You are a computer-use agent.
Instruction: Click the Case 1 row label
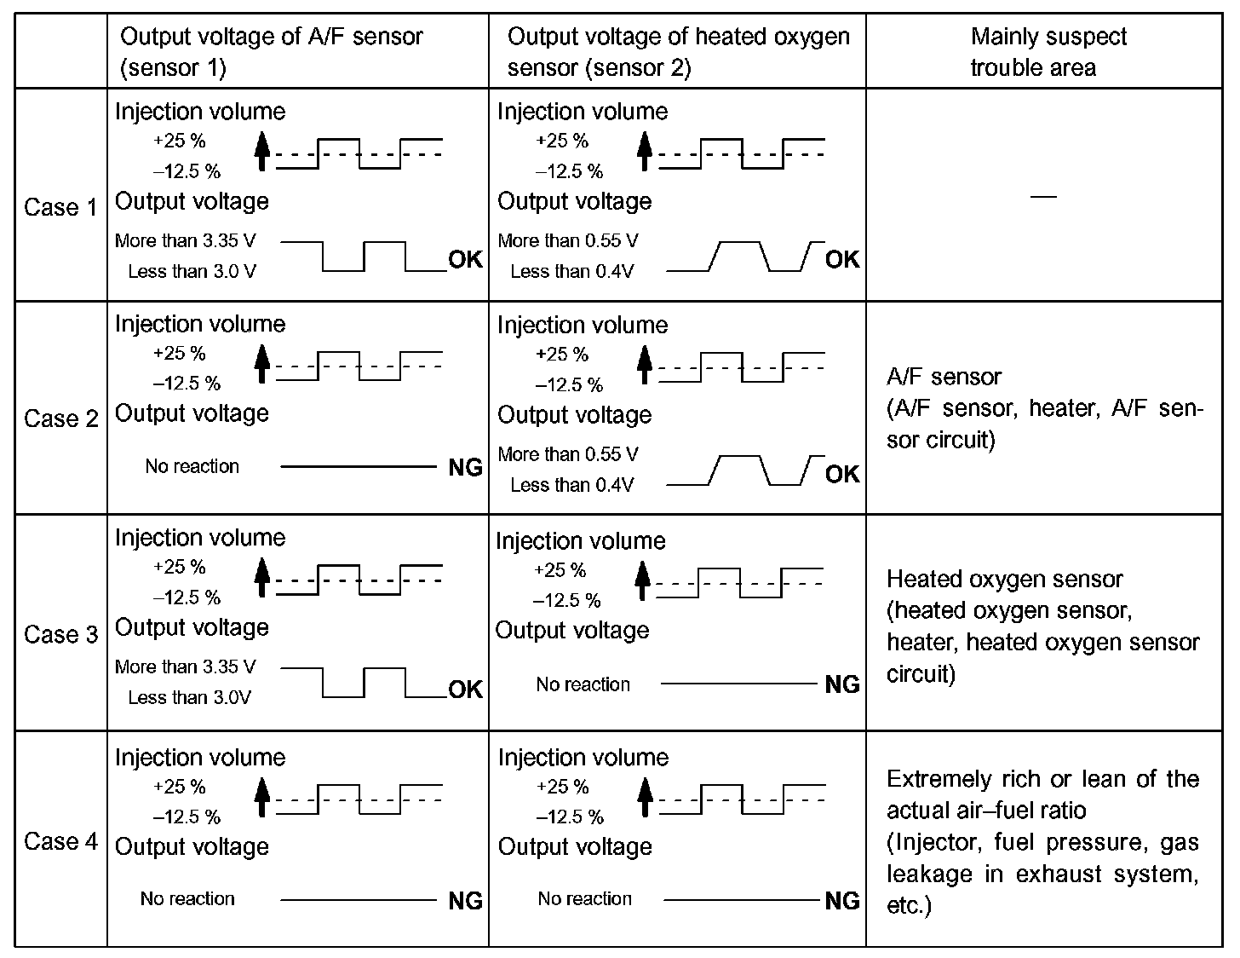click(x=60, y=207)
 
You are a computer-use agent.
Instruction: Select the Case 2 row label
click(x=60, y=418)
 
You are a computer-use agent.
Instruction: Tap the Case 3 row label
click(x=60, y=634)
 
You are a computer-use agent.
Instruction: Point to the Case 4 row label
click(x=60, y=841)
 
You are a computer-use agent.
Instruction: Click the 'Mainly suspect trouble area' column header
click(x=1048, y=52)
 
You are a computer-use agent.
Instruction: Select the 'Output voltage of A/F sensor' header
click(x=271, y=52)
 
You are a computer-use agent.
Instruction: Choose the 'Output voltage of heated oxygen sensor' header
click(x=678, y=52)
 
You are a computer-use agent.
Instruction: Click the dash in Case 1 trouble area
click(x=1043, y=197)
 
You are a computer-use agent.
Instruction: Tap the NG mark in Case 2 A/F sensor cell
click(x=465, y=467)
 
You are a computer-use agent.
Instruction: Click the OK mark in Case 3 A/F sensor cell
click(x=465, y=689)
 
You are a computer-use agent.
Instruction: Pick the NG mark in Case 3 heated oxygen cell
click(x=842, y=684)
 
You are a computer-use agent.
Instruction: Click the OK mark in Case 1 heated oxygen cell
click(x=842, y=259)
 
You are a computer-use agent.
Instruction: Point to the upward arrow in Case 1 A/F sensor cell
click(x=262, y=150)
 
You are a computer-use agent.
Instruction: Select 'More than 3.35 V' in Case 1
click(x=185, y=240)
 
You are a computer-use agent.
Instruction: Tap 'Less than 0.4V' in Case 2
click(x=571, y=485)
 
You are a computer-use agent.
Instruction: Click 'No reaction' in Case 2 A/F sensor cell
click(x=192, y=466)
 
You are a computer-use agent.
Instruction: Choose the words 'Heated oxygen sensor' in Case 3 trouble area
click(x=1004, y=580)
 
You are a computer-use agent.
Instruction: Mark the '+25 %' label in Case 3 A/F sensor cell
click(x=179, y=566)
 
